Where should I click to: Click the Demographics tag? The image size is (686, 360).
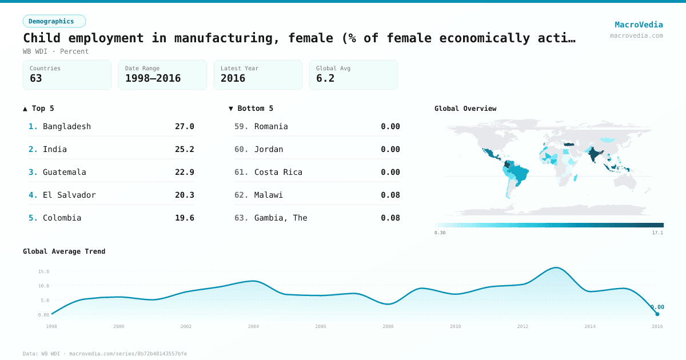pyautogui.click(x=54, y=21)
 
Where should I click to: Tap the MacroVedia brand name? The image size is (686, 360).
pyautogui.click(x=639, y=25)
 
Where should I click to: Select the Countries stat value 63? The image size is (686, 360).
pyautogui.click(x=36, y=78)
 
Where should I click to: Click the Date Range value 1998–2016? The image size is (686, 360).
pyautogui.click(x=153, y=78)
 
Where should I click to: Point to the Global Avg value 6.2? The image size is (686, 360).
pyautogui.click(x=325, y=78)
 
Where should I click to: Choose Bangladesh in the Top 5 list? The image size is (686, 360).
pyautogui.click(x=67, y=126)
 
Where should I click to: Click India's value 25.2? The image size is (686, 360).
pyautogui.click(x=184, y=149)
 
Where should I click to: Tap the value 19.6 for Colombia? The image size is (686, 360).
pyautogui.click(x=184, y=218)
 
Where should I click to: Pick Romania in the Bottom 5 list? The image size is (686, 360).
pyautogui.click(x=271, y=126)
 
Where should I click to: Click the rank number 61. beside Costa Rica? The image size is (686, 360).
pyautogui.click(x=241, y=172)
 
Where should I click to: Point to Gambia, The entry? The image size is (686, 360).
pyautogui.click(x=281, y=218)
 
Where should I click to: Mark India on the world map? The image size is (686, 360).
pyautogui.click(x=595, y=155)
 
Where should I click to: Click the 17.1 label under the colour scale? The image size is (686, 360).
pyautogui.click(x=657, y=233)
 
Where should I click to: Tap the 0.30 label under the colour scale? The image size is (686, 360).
pyautogui.click(x=440, y=233)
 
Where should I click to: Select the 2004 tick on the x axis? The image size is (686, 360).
pyautogui.click(x=253, y=326)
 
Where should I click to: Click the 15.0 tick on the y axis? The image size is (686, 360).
pyautogui.click(x=43, y=271)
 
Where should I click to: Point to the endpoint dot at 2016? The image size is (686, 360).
pyautogui.click(x=657, y=314)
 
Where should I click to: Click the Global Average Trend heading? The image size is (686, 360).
pyautogui.click(x=64, y=251)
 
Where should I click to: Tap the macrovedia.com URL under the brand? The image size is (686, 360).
pyautogui.click(x=636, y=35)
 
